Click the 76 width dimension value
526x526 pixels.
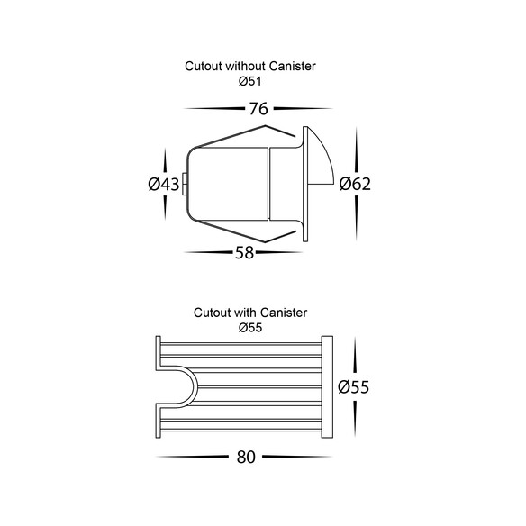coord(258,109)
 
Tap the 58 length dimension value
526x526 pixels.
coord(244,253)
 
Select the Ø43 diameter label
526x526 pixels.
coord(164,184)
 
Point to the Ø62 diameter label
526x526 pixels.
coord(355,184)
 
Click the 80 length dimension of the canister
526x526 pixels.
coord(246,457)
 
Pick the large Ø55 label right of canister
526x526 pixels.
coord(354,386)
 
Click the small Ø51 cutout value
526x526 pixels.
coord(249,81)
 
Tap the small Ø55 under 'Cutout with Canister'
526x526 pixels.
coord(250,328)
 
